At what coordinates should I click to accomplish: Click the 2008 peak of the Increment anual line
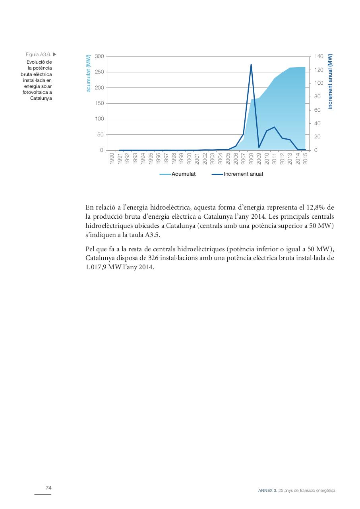(251, 64)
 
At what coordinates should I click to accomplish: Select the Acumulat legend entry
(183, 174)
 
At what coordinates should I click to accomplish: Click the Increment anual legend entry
(243, 174)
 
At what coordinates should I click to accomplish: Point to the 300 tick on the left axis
(99, 56)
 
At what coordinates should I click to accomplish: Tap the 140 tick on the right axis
(319, 56)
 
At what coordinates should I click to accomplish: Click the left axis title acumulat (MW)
(89, 74)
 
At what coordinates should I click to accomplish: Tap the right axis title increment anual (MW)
(330, 82)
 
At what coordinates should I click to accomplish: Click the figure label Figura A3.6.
(38, 54)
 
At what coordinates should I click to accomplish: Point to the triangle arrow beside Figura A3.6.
(54, 54)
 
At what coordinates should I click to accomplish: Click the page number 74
(48, 488)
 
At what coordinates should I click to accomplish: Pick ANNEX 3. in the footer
(267, 491)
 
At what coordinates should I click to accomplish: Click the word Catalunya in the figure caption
(41, 98)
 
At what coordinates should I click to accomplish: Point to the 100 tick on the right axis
(319, 83)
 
